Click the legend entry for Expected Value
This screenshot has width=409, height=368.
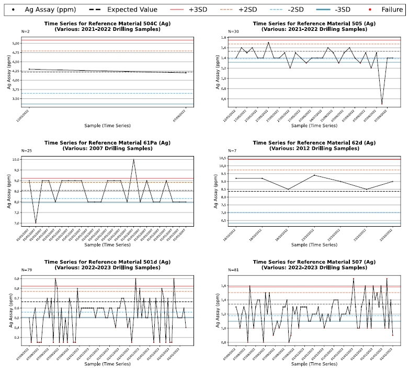[131, 10]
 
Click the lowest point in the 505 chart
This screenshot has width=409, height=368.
[382, 104]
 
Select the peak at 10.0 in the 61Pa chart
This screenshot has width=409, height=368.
[134, 159]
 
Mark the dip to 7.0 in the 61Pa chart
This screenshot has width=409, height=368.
[36, 223]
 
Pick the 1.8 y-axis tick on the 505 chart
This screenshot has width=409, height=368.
[223, 38]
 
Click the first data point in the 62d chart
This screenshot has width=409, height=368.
[236, 179]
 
